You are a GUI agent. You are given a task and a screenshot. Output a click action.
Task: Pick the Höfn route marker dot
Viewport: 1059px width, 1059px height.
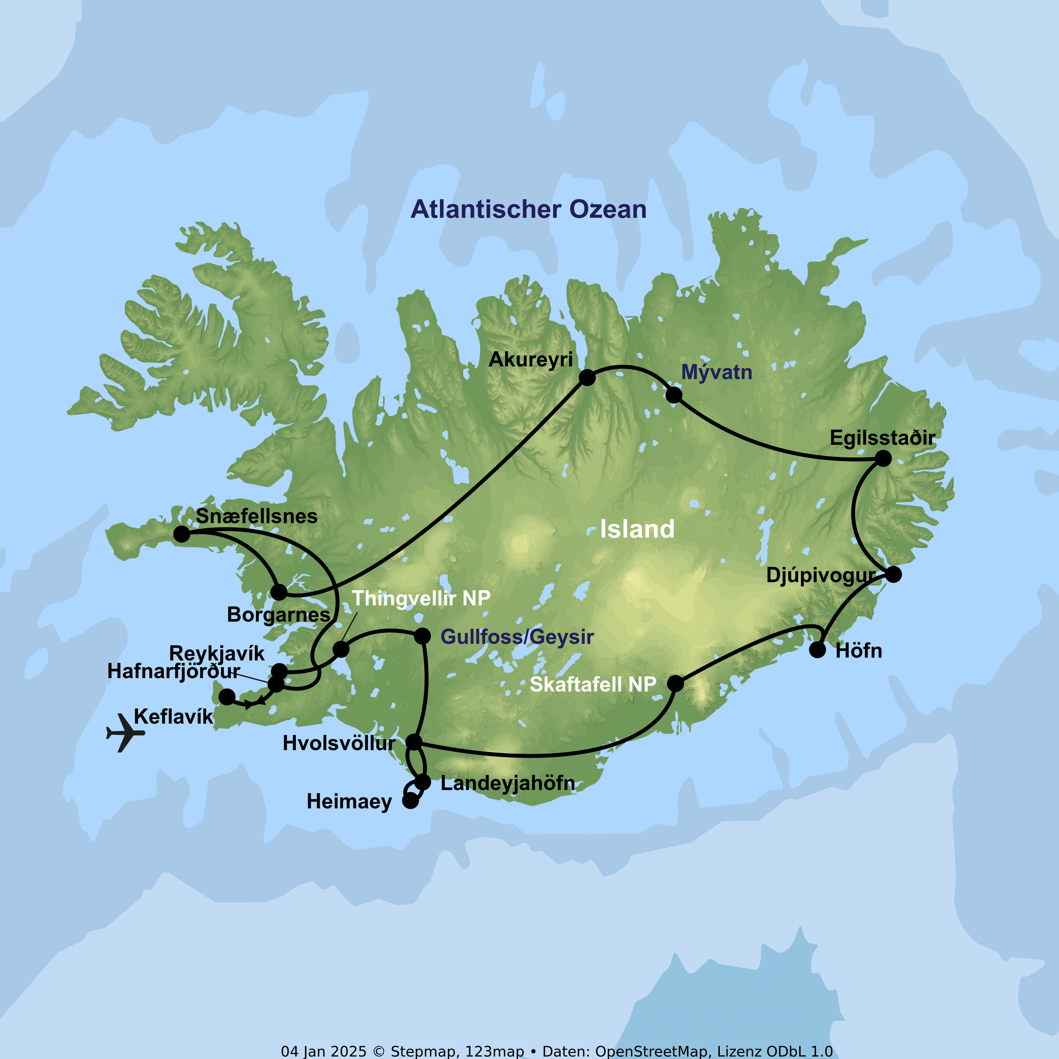[x=817, y=650]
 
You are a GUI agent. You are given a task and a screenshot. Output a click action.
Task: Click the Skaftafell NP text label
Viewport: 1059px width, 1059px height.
[x=593, y=684]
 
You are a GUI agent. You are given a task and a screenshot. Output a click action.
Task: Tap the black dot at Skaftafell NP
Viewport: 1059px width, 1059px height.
[x=675, y=683]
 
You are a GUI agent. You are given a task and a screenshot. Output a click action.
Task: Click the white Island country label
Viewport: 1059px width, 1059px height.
[x=637, y=529]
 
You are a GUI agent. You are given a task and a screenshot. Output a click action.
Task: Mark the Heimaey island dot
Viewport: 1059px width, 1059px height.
[x=410, y=801]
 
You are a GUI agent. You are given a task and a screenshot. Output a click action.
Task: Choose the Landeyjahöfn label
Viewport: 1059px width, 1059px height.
[x=508, y=783]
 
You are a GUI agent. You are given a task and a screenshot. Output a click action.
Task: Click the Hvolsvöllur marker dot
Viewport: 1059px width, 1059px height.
[x=414, y=742]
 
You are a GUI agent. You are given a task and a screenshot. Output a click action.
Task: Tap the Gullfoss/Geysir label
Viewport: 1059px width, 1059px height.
[x=517, y=637]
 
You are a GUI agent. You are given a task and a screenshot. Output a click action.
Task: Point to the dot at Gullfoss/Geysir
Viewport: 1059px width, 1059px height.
[x=422, y=636]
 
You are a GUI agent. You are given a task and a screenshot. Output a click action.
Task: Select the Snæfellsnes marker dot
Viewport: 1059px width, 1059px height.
[x=181, y=534]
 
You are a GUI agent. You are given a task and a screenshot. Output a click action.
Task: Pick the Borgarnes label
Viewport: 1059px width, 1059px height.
[x=279, y=615]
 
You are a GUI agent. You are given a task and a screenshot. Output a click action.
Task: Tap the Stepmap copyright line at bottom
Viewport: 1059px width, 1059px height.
[x=556, y=1051]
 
